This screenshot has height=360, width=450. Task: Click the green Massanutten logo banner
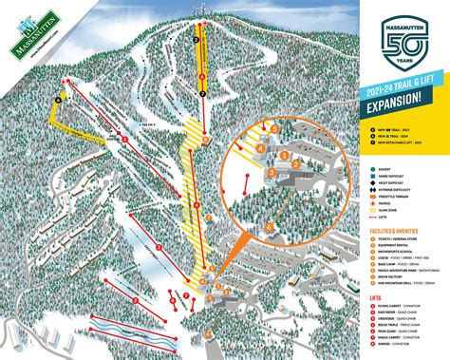[x=35, y=37]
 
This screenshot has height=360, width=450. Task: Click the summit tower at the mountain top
[x=201, y=11]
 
